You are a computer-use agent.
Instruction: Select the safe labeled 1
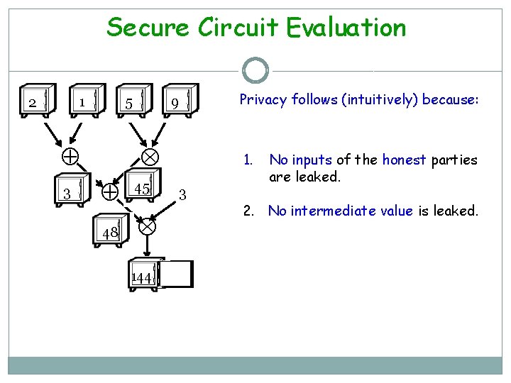pyautogui.click(x=86, y=102)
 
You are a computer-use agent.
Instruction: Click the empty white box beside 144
pyautogui.click(x=176, y=274)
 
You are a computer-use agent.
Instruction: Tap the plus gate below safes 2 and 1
pyautogui.click(x=70, y=156)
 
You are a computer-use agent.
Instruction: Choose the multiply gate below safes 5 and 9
pyautogui.click(x=151, y=156)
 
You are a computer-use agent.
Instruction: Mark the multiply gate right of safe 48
pyautogui.click(x=147, y=227)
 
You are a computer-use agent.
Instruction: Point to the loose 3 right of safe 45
pyautogui.click(x=182, y=194)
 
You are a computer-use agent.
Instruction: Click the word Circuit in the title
pyautogui.click(x=238, y=28)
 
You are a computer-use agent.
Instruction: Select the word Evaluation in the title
pyautogui.click(x=346, y=28)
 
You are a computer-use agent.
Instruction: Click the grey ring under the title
pyautogui.click(x=255, y=71)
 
